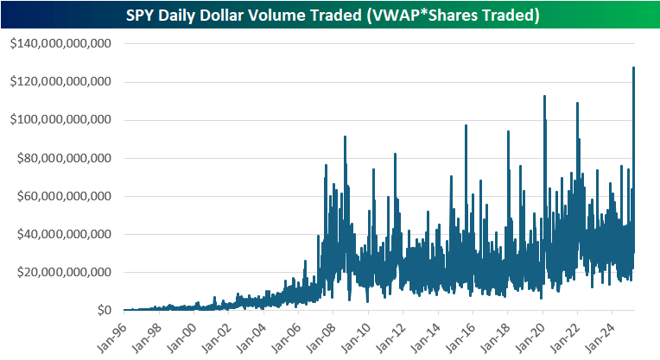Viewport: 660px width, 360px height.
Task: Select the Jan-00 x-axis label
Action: [181, 335]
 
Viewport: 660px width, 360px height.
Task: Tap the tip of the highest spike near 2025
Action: [634, 67]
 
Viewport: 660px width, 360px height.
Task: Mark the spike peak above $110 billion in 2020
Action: [544, 96]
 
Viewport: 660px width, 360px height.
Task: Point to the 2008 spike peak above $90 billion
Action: [345, 136]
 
